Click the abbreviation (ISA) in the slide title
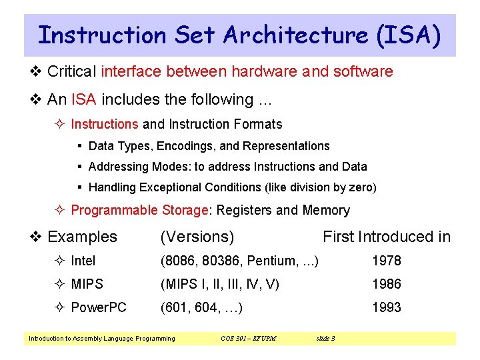409,35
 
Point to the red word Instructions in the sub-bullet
105,124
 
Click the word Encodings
185,146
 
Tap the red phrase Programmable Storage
140,210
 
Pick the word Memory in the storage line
326,210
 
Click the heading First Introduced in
387,237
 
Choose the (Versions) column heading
197,237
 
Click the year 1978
387,261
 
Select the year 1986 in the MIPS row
387,284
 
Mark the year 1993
387,307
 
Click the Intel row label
83,261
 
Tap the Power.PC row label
99,307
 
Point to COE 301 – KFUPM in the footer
248,339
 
